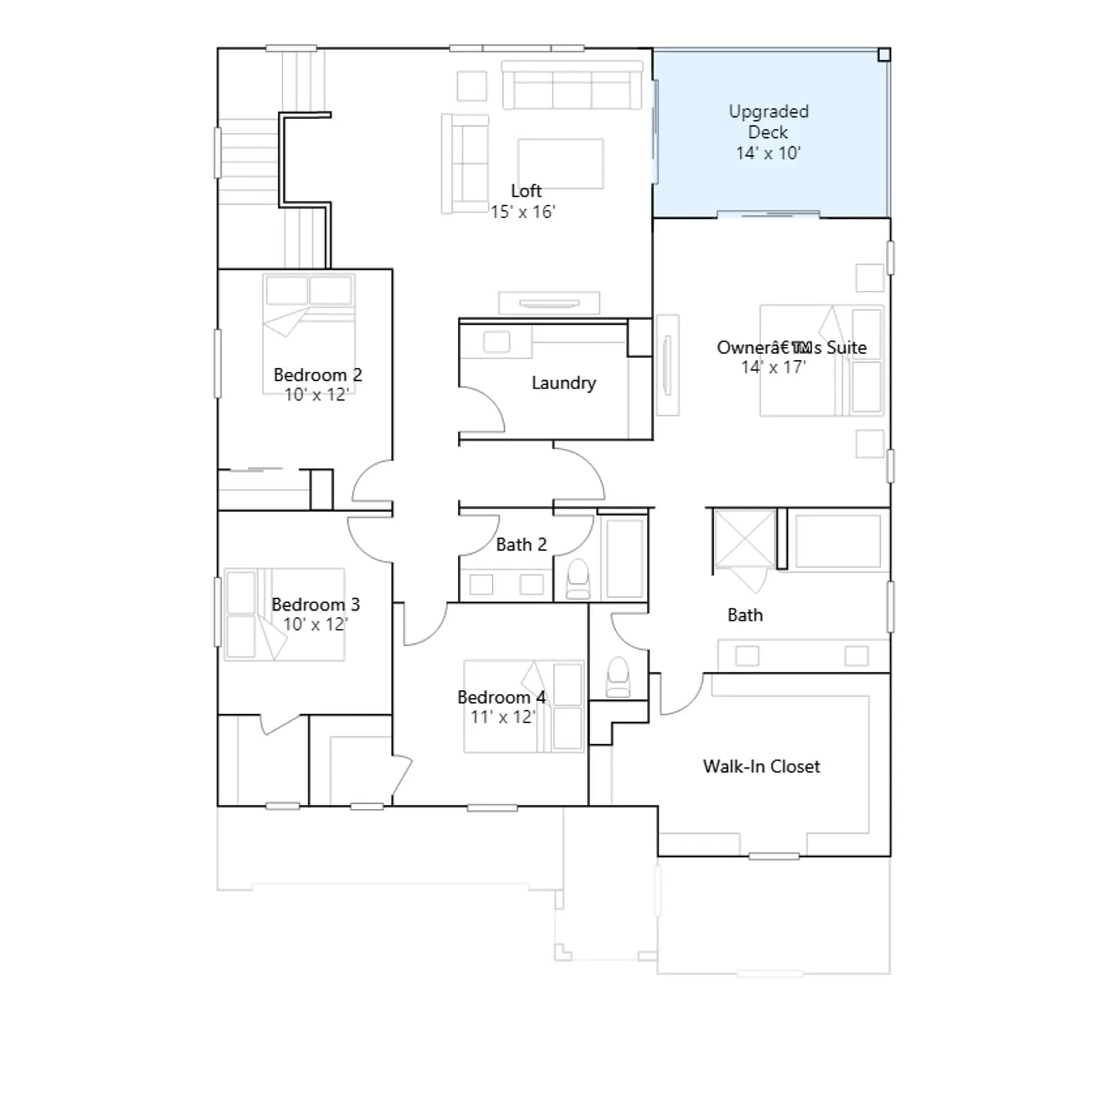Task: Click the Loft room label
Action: pos(526,190)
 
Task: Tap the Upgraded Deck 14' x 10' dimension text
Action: pos(768,153)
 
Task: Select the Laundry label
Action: pos(564,383)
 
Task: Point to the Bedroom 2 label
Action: pos(318,375)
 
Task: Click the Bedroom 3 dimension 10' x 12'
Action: pos(315,624)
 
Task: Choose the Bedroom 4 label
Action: pos(501,697)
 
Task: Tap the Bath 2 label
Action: pos(521,545)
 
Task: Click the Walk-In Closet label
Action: pos(762,767)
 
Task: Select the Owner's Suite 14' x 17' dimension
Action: pos(774,367)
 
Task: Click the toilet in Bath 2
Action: pos(578,580)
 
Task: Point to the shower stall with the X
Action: pos(744,539)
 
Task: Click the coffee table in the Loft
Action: pos(561,164)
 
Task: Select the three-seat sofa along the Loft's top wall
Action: pos(572,85)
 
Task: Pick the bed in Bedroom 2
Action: pos(309,334)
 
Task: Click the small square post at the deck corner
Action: pos(884,55)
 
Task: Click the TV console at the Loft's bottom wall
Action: pos(549,303)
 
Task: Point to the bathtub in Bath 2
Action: pos(625,558)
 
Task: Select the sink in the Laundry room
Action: pos(497,341)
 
